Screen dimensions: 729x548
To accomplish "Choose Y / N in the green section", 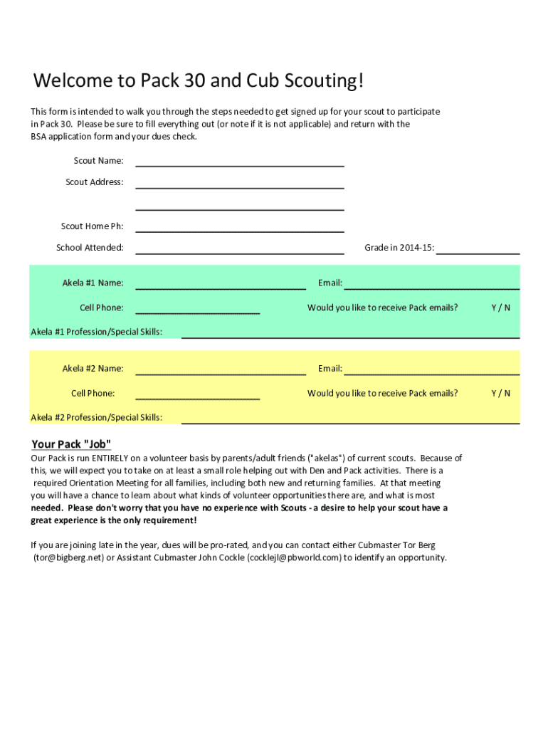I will click(x=500, y=308).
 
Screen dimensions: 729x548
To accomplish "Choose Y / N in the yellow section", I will click(x=500, y=393).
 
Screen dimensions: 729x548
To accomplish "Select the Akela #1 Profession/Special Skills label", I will click(x=96, y=332).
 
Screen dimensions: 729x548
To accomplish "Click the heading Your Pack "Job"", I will click(x=71, y=444).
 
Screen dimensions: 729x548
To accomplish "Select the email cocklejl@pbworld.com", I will click(x=295, y=557).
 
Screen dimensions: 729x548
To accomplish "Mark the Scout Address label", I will click(x=94, y=182).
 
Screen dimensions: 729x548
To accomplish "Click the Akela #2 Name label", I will click(x=93, y=368).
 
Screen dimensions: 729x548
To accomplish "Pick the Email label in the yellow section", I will click(x=330, y=368).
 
